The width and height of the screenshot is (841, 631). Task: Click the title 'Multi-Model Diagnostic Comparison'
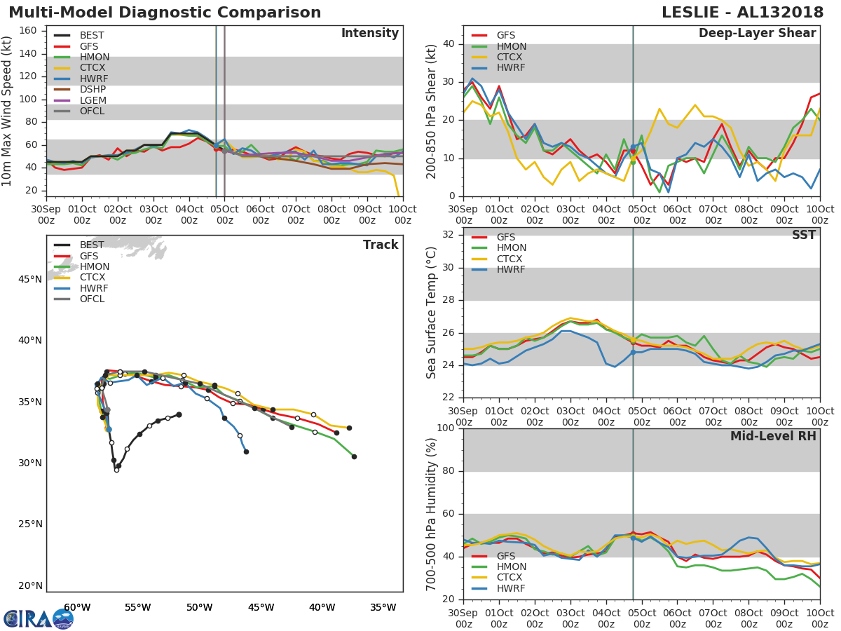click(165, 13)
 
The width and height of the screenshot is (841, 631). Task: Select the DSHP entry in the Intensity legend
click(93, 89)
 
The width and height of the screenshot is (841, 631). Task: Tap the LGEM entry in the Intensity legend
click(93, 100)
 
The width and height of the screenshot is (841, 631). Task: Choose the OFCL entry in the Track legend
click(92, 299)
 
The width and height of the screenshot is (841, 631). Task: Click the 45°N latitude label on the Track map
click(29, 280)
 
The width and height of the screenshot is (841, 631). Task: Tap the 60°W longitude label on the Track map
click(77, 607)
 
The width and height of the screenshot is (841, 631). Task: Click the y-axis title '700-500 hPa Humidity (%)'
click(432, 514)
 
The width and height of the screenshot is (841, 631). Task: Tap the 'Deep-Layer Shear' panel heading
click(757, 34)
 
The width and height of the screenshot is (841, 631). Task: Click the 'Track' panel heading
click(380, 245)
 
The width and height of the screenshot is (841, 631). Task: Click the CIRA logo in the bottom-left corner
click(38, 618)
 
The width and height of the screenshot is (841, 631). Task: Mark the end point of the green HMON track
click(354, 456)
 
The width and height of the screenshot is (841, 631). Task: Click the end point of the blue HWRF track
click(246, 452)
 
